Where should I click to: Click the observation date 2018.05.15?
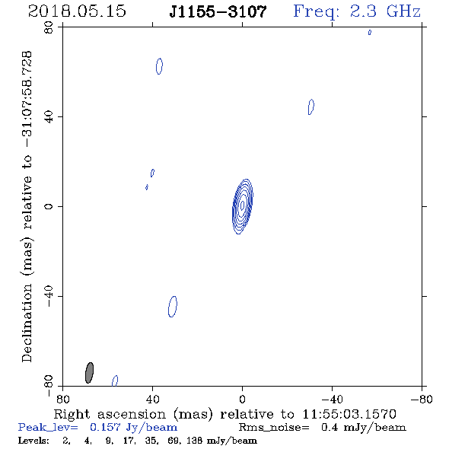(77, 11)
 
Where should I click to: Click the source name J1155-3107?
(218, 11)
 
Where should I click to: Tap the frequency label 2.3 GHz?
(385, 11)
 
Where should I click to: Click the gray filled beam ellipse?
(89, 373)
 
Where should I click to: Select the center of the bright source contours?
(243, 205)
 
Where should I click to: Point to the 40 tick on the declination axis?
(49, 117)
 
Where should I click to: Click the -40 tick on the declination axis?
(49, 296)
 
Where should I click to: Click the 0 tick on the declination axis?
(49, 206)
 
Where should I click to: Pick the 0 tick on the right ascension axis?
(242, 400)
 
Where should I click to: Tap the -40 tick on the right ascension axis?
(332, 400)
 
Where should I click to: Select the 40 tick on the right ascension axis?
(152, 400)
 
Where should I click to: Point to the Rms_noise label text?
(274, 428)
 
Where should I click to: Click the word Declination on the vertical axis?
(27, 323)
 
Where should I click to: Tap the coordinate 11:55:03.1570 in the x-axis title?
(349, 414)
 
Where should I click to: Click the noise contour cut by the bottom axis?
(115, 381)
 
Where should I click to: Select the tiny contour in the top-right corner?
(370, 33)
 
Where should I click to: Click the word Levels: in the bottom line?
(33, 441)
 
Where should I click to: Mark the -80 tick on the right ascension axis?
(422, 400)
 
